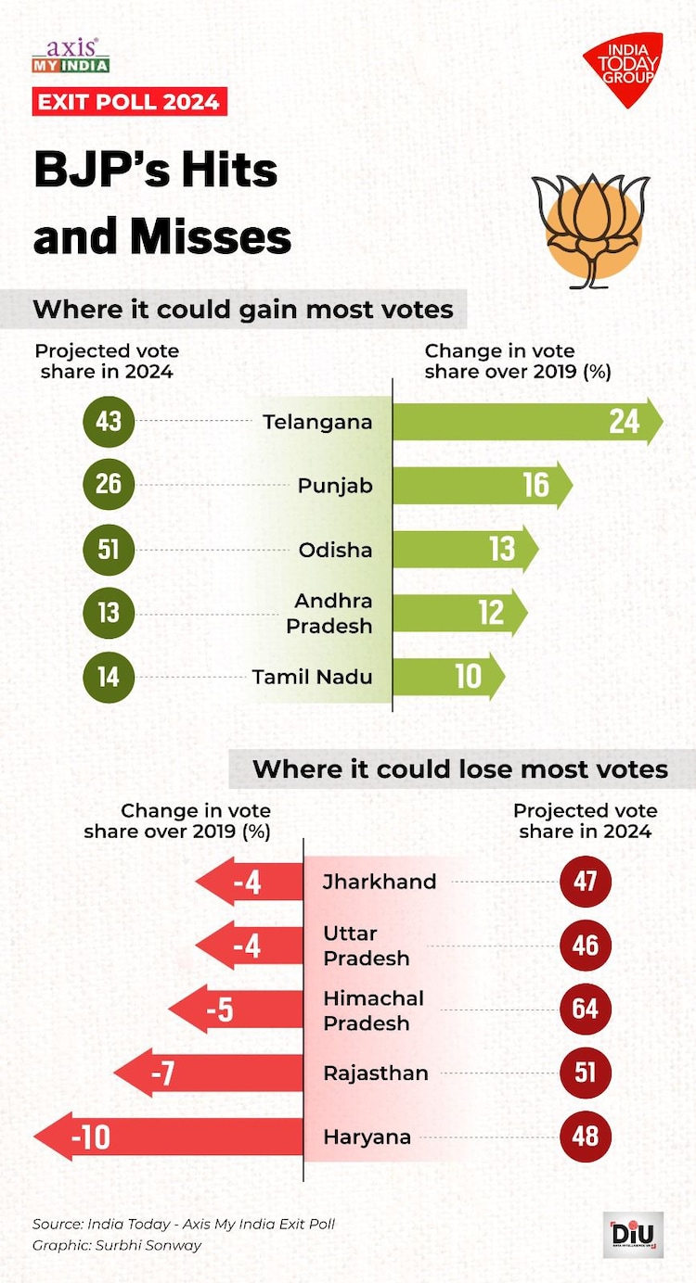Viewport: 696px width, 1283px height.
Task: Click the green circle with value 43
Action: click(109, 422)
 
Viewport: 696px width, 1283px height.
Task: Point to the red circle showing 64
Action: click(586, 1009)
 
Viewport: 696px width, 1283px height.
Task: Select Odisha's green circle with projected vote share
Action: click(109, 549)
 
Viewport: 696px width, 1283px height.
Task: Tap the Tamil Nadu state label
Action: click(312, 677)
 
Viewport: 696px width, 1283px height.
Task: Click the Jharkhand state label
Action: click(379, 882)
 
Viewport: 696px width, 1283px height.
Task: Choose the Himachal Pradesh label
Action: click(373, 1010)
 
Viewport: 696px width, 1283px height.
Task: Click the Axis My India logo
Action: click(71, 56)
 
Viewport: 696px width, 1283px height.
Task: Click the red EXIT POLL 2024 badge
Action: click(130, 101)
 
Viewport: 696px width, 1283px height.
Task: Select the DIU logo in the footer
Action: click(633, 1234)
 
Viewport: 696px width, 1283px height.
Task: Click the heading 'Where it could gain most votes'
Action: click(243, 310)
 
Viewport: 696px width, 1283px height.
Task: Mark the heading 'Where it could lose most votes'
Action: click(460, 769)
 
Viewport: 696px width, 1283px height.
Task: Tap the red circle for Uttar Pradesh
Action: click(586, 946)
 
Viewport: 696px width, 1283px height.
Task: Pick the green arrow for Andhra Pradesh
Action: click(458, 612)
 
